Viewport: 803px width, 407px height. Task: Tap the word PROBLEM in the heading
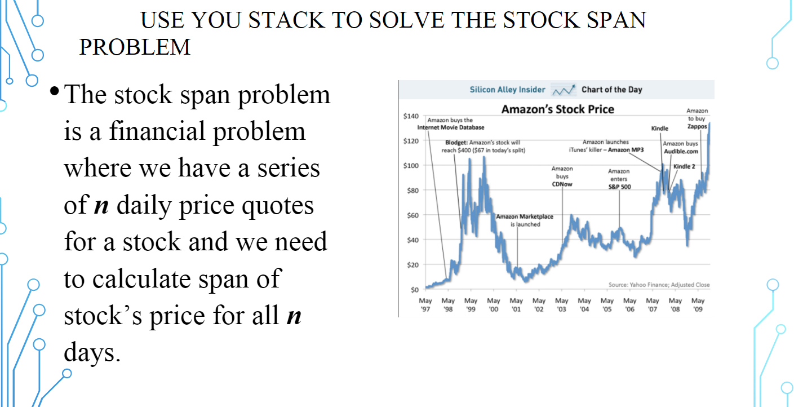click(135, 47)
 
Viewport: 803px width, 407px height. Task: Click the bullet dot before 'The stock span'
click(55, 91)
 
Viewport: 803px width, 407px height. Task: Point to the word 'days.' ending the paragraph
click(92, 352)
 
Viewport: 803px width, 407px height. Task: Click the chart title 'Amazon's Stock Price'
click(557, 109)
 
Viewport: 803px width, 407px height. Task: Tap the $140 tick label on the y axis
click(411, 116)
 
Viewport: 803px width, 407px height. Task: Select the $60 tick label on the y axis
click(412, 215)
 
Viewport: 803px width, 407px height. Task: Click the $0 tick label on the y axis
click(414, 289)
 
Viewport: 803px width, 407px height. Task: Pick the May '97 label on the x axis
click(425, 305)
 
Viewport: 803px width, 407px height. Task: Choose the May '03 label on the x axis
click(562, 305)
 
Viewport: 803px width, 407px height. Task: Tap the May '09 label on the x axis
click(698, 305)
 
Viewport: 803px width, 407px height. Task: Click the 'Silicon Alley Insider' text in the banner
click(507, 90)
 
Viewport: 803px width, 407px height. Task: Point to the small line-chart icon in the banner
click(564, 90)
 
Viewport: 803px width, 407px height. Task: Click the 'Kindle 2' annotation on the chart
click(684, 166)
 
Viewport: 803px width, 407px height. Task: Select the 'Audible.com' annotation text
click(681, 151)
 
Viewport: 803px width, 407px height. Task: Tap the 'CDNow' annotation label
click(562, 184)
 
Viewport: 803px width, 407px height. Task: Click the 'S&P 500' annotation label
click(619, 187)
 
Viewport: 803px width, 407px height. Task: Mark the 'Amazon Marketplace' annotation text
click(525, 216)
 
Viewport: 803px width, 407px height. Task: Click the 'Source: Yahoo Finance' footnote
click(659, 285)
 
